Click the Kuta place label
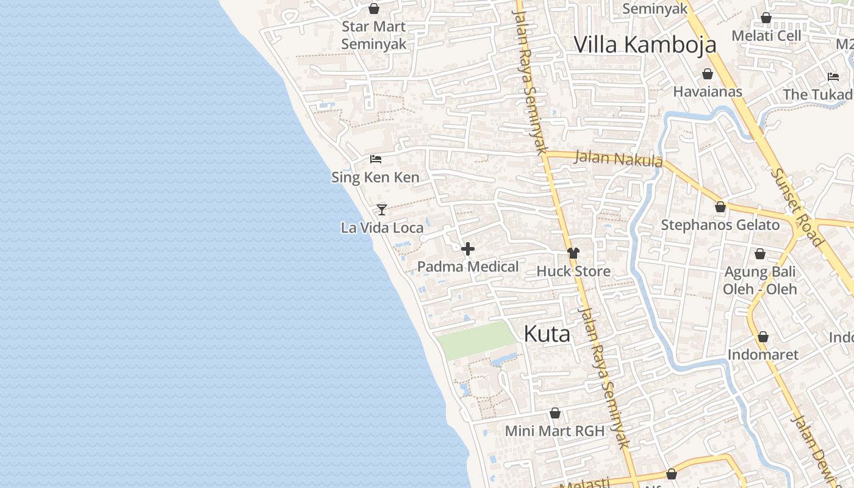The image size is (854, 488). (x=547, y=334)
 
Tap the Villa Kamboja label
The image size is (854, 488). (x=645, y=45)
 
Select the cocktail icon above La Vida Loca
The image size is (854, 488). (x=382, y=209)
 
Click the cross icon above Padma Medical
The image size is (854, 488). (x=468, y=249)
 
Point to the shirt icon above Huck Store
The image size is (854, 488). (x=573, y=253)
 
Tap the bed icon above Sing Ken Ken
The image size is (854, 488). (x=376, y=159)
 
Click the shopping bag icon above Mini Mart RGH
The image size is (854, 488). (x=555, y=414)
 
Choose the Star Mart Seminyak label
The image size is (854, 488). (x=373, y=35)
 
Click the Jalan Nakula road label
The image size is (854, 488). (x=619, y=159)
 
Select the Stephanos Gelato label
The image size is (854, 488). (x=720, y=225)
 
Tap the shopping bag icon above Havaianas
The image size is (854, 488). (x=708, y=74)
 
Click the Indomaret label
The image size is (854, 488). (x=762, y=354)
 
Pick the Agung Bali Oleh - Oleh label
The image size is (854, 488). (x=760, y=280)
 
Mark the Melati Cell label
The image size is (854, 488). (x=766, y=35)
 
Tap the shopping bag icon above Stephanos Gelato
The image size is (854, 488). (x=720, y=207)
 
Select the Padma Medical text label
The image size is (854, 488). (x=468, y=267)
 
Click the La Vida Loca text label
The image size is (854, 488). (x=382, y=228)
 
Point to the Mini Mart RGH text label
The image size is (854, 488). (x=554, y=431)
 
